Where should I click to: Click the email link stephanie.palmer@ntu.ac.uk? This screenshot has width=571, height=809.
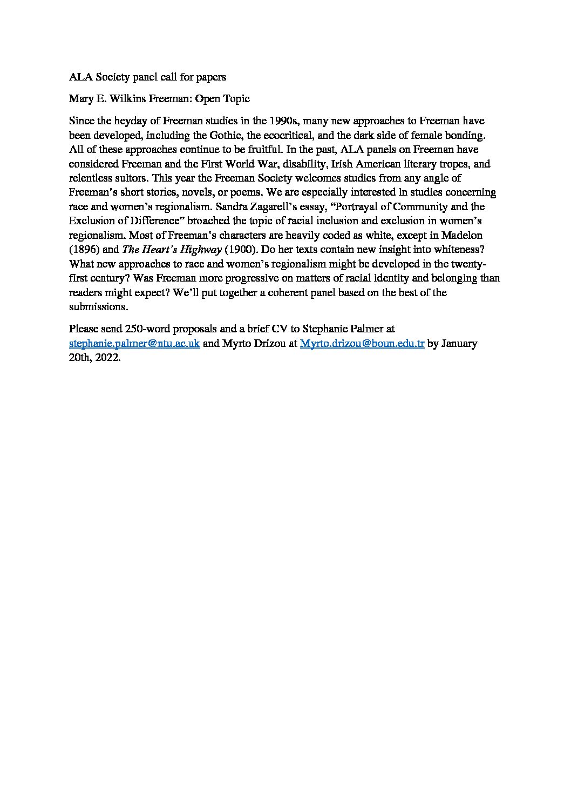134,344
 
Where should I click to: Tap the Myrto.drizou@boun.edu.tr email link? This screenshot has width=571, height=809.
362,344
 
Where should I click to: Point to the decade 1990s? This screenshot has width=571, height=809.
285,121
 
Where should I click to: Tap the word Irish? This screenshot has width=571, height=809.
343,164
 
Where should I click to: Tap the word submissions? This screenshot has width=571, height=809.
98,306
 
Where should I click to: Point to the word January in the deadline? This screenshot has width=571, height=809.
459,344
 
